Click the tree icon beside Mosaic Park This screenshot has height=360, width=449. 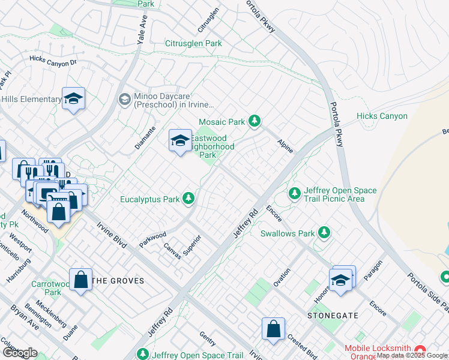point(255,122)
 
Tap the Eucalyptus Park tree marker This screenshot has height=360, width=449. point(188,198)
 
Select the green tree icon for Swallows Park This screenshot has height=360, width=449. point(324,233)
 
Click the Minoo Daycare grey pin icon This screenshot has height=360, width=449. point(125,99)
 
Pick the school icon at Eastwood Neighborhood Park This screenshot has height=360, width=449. point(180,141)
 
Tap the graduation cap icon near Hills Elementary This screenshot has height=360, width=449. point(73,99)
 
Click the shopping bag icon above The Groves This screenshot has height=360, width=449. point(80,280)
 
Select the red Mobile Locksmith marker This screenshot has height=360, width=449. point(420,349)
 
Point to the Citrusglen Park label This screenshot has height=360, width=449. point(193,43)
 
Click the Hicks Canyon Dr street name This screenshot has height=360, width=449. point(53,61)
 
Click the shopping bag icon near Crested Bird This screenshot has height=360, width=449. point(273,329)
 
